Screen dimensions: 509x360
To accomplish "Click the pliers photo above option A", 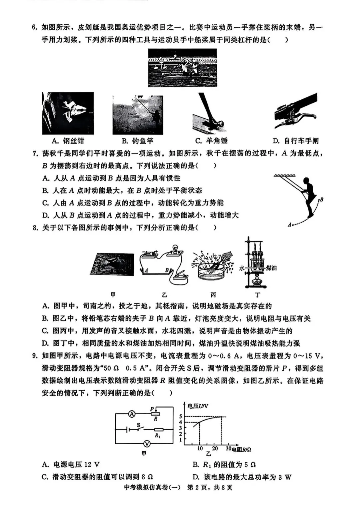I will (68, 113).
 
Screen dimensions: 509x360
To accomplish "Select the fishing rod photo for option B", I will (138, 115).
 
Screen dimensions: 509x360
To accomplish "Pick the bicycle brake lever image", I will (295, 112).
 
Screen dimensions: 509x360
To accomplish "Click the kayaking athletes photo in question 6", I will (182, 68).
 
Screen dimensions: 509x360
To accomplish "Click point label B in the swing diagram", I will (322, 199).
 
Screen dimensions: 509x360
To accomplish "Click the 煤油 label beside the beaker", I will (271, 268).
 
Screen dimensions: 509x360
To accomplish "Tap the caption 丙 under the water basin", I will (213, 295).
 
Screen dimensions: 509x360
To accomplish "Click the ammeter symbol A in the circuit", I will (132, 414).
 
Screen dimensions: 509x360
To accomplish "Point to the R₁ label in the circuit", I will (158, 436).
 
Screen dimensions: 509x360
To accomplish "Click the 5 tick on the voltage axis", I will (180, 416).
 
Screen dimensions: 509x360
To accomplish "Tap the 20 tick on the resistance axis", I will (215, 449).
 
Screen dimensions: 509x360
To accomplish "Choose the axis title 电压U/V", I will (198, 406).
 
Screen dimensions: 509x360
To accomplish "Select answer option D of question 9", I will (242, 477).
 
